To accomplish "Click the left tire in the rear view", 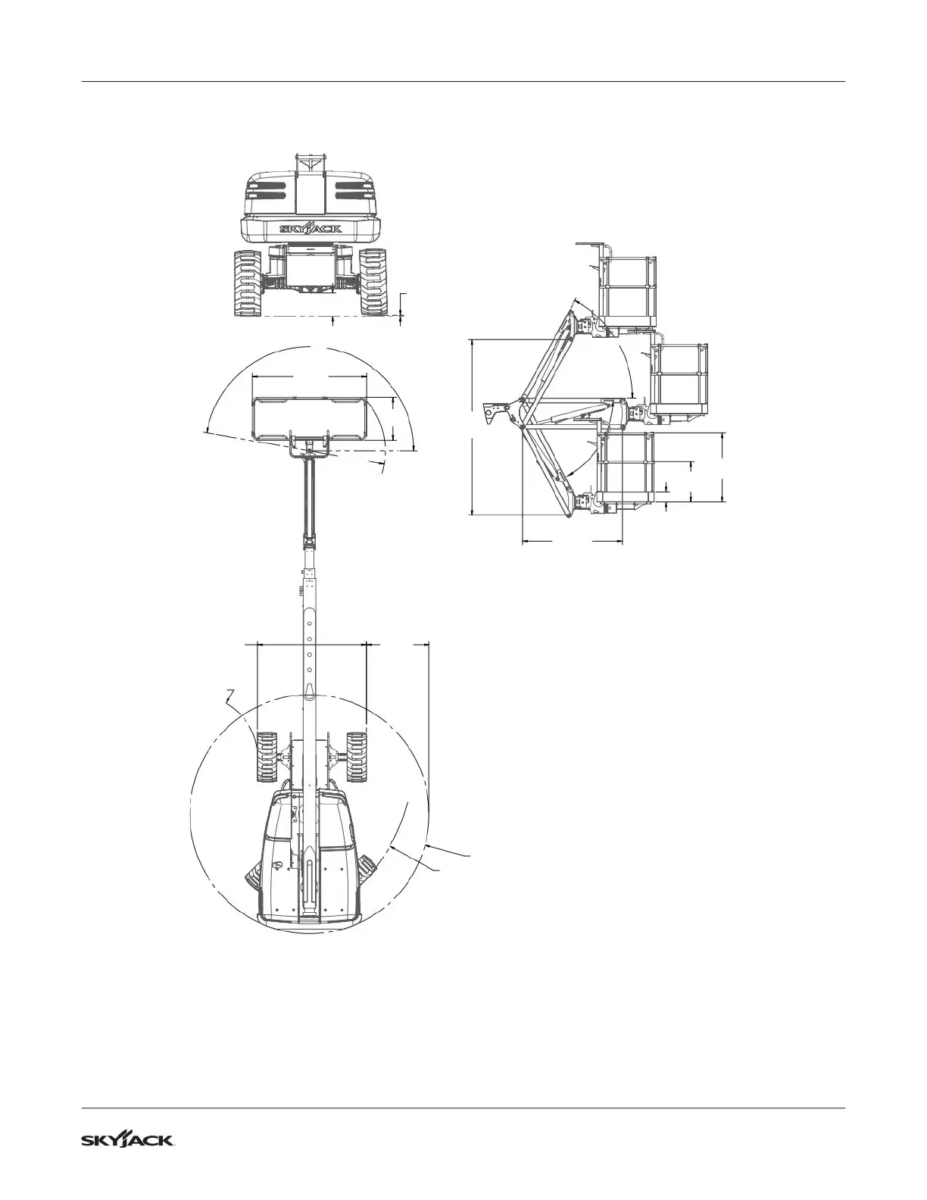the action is click(x=248, y=283).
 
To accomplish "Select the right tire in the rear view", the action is click(x=374, y=283).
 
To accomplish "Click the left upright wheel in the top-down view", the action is click(x=266, y=757).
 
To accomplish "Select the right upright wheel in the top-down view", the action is click(x=356, y=757).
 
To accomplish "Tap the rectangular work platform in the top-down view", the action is click(x=309, y=418).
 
